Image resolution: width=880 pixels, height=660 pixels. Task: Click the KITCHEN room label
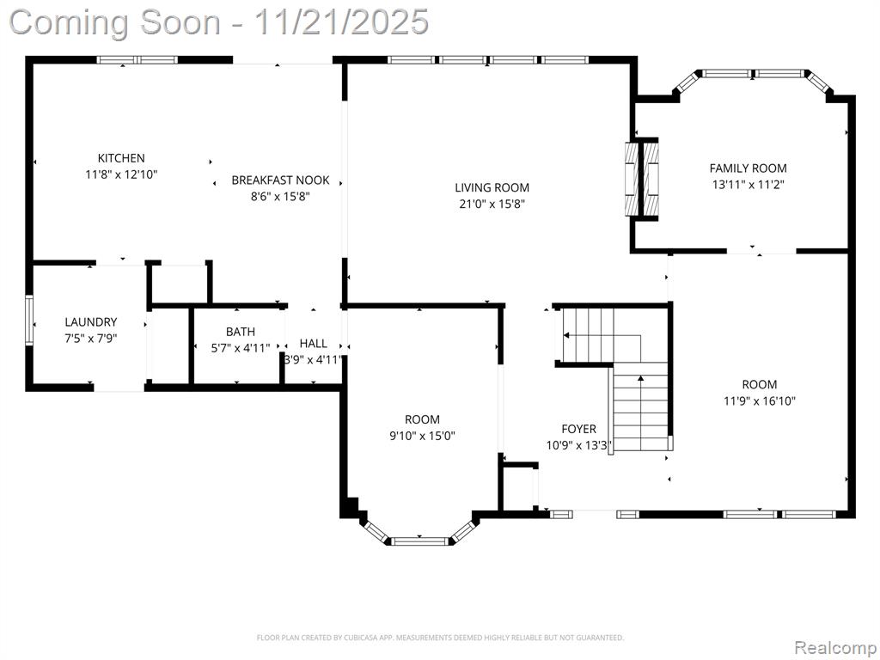pyautogui.click(x=121, y=158)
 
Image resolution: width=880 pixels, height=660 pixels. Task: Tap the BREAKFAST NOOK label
pyautogui.click(x=281, y=180)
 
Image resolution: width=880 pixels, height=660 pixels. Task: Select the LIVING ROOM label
pyautogui.click(x=492, y=187)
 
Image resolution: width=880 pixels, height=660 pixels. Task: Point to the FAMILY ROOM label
pyautogui.click(x=749, y=168)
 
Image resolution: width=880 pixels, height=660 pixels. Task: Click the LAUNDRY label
pyautogui.click(x=91, y=322)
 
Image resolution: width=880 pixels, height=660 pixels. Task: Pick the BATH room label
pyautogui.click(x=241, y=332)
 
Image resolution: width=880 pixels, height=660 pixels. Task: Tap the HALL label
pyautogui.click(x=313, y=344)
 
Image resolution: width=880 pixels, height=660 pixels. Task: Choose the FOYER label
pyautogui.click(x=578, y=430)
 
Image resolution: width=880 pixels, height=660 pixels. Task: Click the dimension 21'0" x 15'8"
pyautogui.click(x=492, y=204)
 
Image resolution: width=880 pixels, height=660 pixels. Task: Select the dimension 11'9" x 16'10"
pyautogui.click(x=760, y=400)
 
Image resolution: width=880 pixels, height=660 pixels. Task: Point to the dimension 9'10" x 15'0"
pyautogui.click(x=422, y=436)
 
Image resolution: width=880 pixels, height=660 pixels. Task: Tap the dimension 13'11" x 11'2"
pyautogui.click(x=749, y=184)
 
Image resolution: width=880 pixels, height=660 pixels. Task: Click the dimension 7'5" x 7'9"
pyautogui.click(x=91, y=339)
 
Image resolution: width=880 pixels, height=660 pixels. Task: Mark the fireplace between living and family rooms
pyautogui.click(x=641, y=179)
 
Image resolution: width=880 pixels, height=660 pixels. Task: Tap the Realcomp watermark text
pyautogui.click(x=835, y=647)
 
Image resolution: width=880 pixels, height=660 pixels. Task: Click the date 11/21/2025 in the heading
pyautogui.click(x=341, y=23)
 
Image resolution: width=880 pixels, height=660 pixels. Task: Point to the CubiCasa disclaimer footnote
pyautogui.click(x=440, y=638)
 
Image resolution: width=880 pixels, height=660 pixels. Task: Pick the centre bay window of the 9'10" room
pyautogui.click(x=419, y=541)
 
